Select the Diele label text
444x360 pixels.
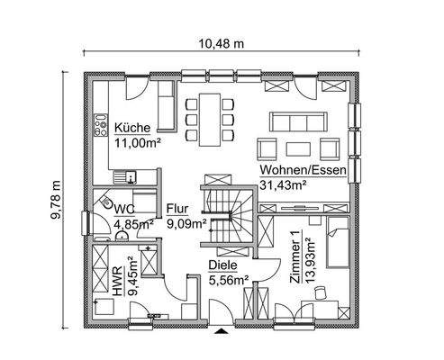pos(223,265)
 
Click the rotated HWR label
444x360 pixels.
pos(118,279)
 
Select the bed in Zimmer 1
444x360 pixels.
pos(338,241)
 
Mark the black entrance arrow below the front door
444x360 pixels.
pos(222,331)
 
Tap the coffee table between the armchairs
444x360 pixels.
pos(296,146)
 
